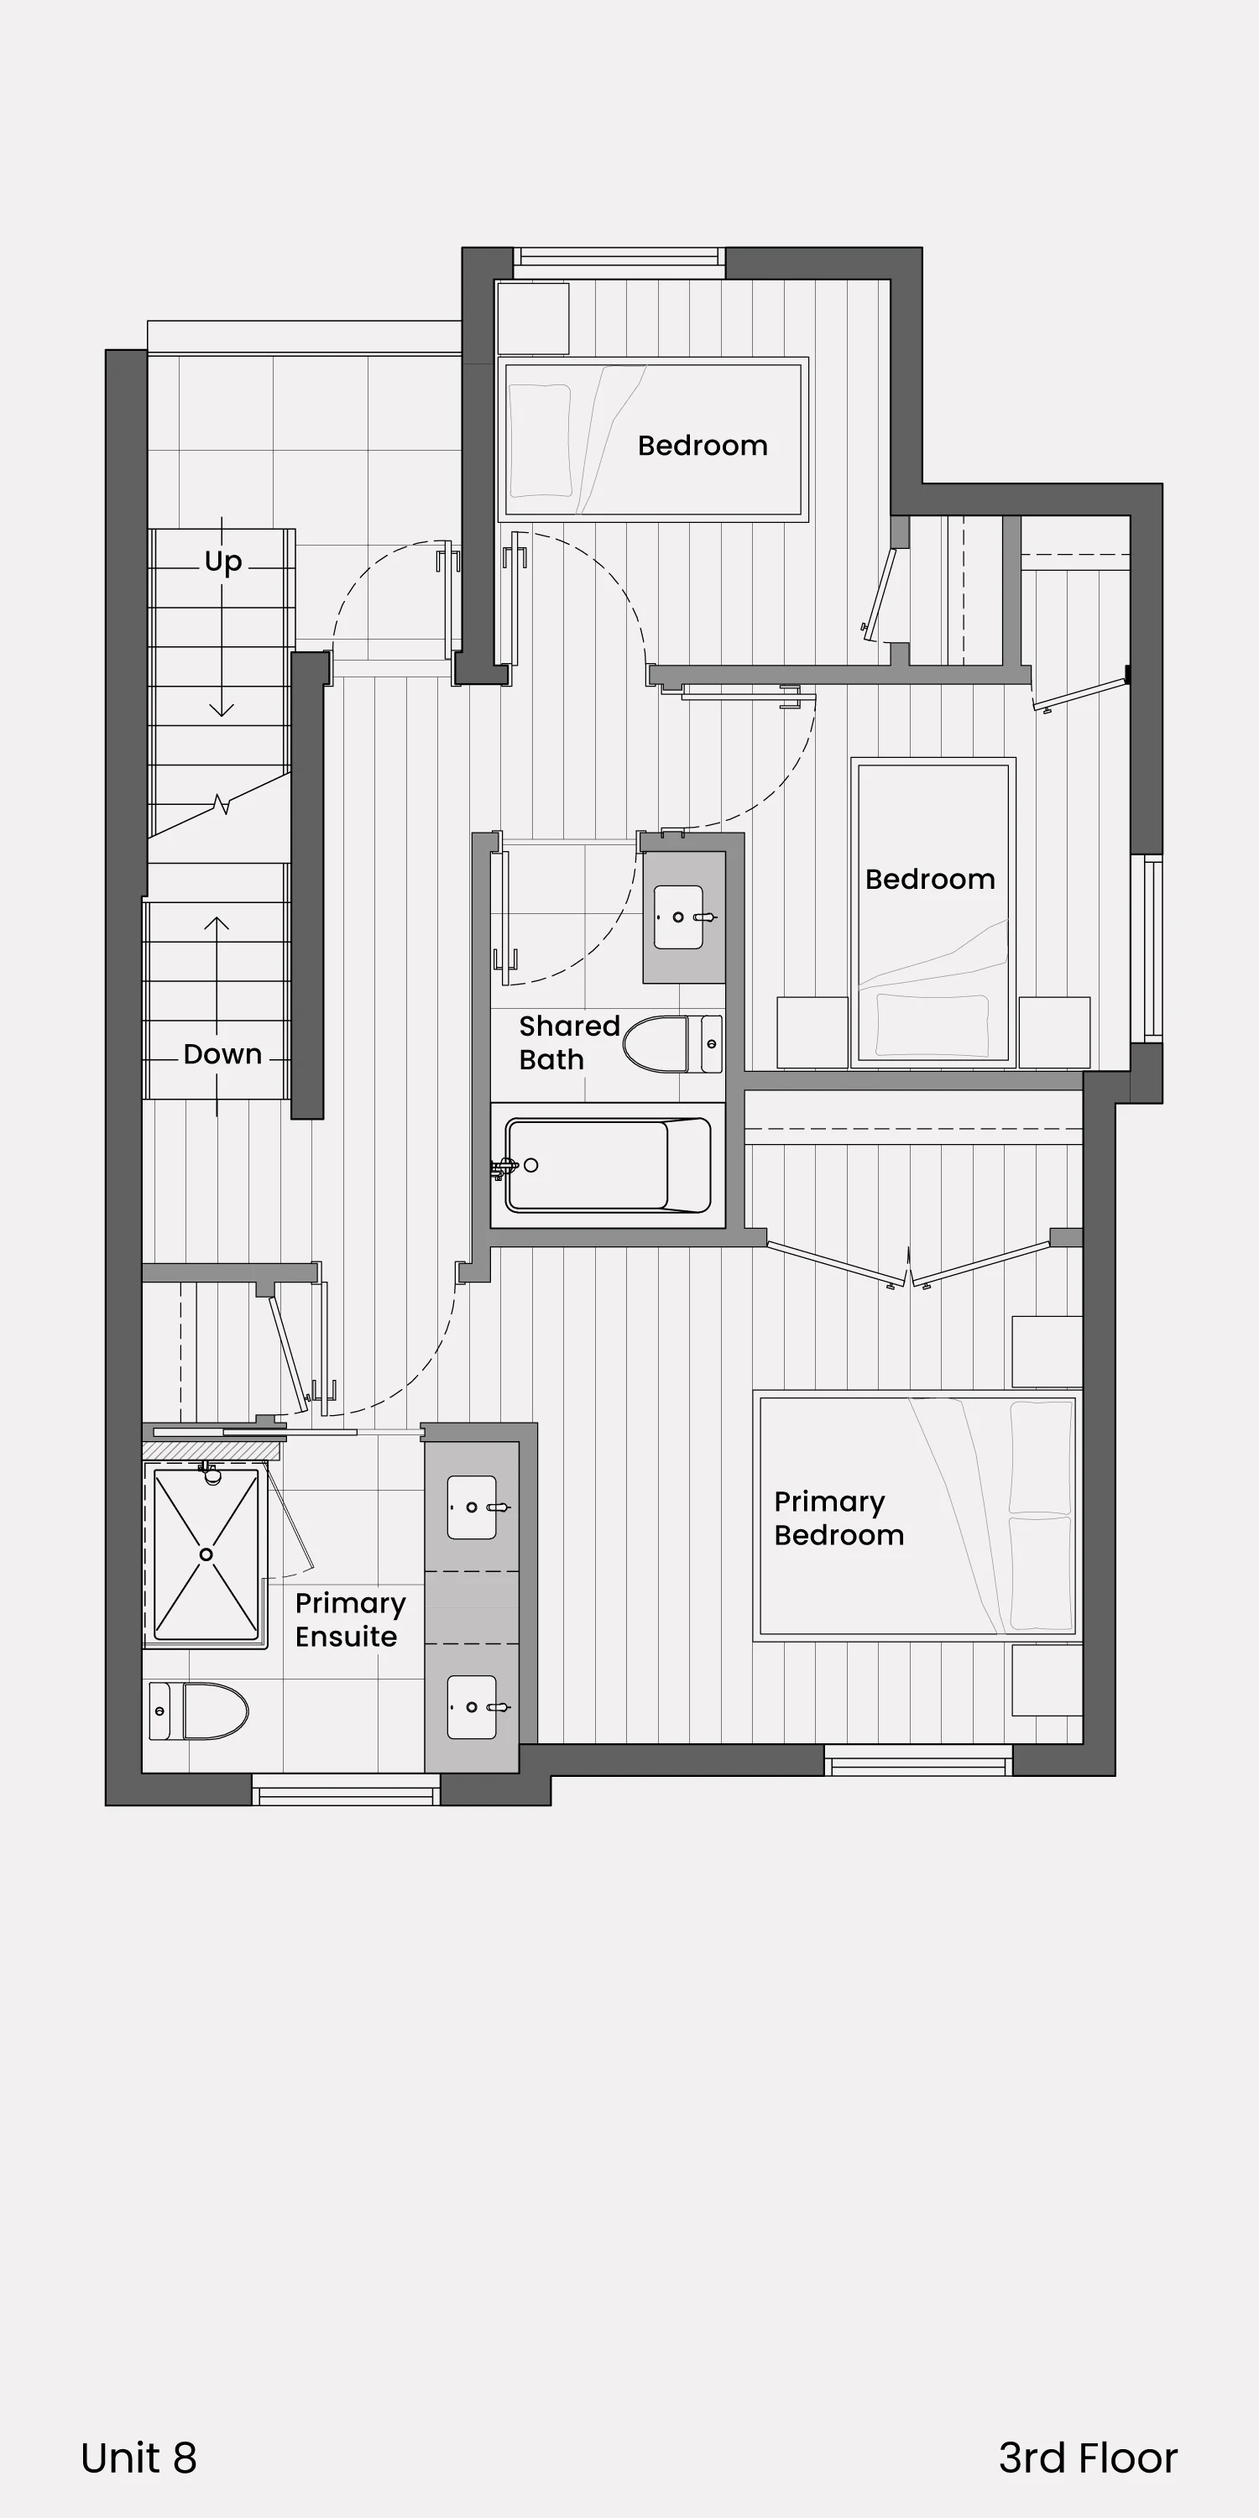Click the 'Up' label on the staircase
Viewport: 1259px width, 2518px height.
coord(223,562)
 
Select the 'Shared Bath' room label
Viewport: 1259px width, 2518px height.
coord(569,1042)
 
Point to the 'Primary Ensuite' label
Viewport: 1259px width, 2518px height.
coord(350,1620)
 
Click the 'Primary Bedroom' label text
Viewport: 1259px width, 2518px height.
coord(838,1518)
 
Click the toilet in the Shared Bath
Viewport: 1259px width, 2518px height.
coord(673,1044)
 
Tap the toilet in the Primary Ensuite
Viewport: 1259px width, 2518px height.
coord(198,1711)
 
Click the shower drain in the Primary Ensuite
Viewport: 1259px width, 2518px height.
coord(206,1554)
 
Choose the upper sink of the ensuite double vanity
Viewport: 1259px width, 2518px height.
coord(472,1507)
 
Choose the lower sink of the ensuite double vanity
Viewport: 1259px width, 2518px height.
coord(472,1706)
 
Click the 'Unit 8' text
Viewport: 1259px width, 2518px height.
coord(138,2458)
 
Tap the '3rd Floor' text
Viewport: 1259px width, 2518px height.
coord(1088,2458)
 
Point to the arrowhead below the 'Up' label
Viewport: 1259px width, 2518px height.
coord(222,708)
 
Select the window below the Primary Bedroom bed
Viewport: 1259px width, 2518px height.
coord(918,1760)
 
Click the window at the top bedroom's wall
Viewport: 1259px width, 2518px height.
coord(619,257)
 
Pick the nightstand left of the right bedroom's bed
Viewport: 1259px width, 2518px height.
coord(812,1032)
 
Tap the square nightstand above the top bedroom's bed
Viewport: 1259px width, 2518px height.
coord(533,319)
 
